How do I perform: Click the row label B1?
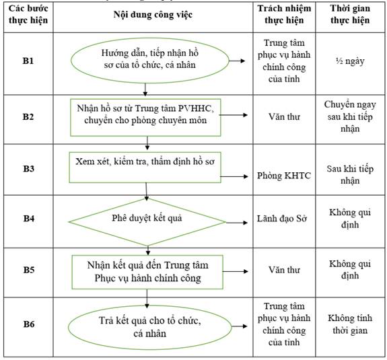coord(28,61)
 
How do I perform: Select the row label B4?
coord(29,219)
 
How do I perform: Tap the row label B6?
coord(29,324)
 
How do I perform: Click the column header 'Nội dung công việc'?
coord(153,15)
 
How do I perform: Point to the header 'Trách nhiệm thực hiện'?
coord(284,14)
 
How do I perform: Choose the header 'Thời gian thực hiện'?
coord(350,14)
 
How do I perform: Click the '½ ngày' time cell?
coord(350,61)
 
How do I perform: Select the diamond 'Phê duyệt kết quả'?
coord(147,222)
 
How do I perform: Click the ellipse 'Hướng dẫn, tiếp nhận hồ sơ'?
coord(150,61)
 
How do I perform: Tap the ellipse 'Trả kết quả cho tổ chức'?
coord(149,328)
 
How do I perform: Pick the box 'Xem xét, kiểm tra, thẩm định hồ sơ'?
coord(145,168)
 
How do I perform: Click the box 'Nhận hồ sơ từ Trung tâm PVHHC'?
coord(145,118)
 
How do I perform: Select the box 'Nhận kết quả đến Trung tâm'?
coord(147,272)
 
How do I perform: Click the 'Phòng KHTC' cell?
coord(284,176)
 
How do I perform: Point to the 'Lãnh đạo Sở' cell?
coord(282,219)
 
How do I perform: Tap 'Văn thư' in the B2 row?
coord(284,116)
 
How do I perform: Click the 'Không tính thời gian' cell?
coord(350,324)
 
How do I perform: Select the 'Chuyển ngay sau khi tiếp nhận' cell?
coord(350,116)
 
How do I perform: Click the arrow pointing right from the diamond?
coord(236,223)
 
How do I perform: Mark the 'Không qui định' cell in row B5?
coord(350,269)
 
